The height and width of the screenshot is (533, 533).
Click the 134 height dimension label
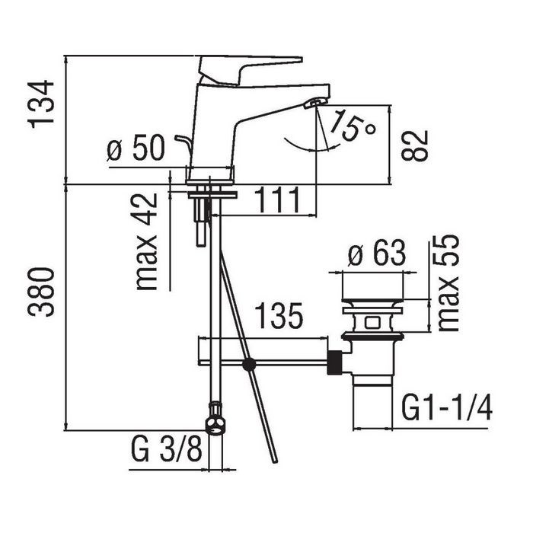point(41,104)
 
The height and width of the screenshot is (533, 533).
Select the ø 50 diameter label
point(136,148)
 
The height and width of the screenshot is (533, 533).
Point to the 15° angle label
point(352,125)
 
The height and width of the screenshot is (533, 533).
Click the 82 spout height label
point(414,145)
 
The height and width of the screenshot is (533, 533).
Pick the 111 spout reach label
point(277,199)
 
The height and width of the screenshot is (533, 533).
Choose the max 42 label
point(147,241)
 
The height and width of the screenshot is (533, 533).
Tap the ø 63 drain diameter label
point(377,253)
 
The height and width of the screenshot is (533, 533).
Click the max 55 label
point(448,282)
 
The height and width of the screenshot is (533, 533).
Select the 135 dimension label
point(279,315)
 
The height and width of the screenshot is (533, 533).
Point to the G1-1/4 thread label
point(447,408)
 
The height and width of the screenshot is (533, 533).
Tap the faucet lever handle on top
point(251,70)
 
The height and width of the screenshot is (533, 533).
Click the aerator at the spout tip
point(315,103)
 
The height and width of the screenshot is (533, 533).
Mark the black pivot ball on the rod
point(249,365)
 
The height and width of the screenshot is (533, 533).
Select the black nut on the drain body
point(335,362)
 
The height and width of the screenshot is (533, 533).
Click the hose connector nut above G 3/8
point(215,420)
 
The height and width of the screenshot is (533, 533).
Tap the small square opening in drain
point(372,322)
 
